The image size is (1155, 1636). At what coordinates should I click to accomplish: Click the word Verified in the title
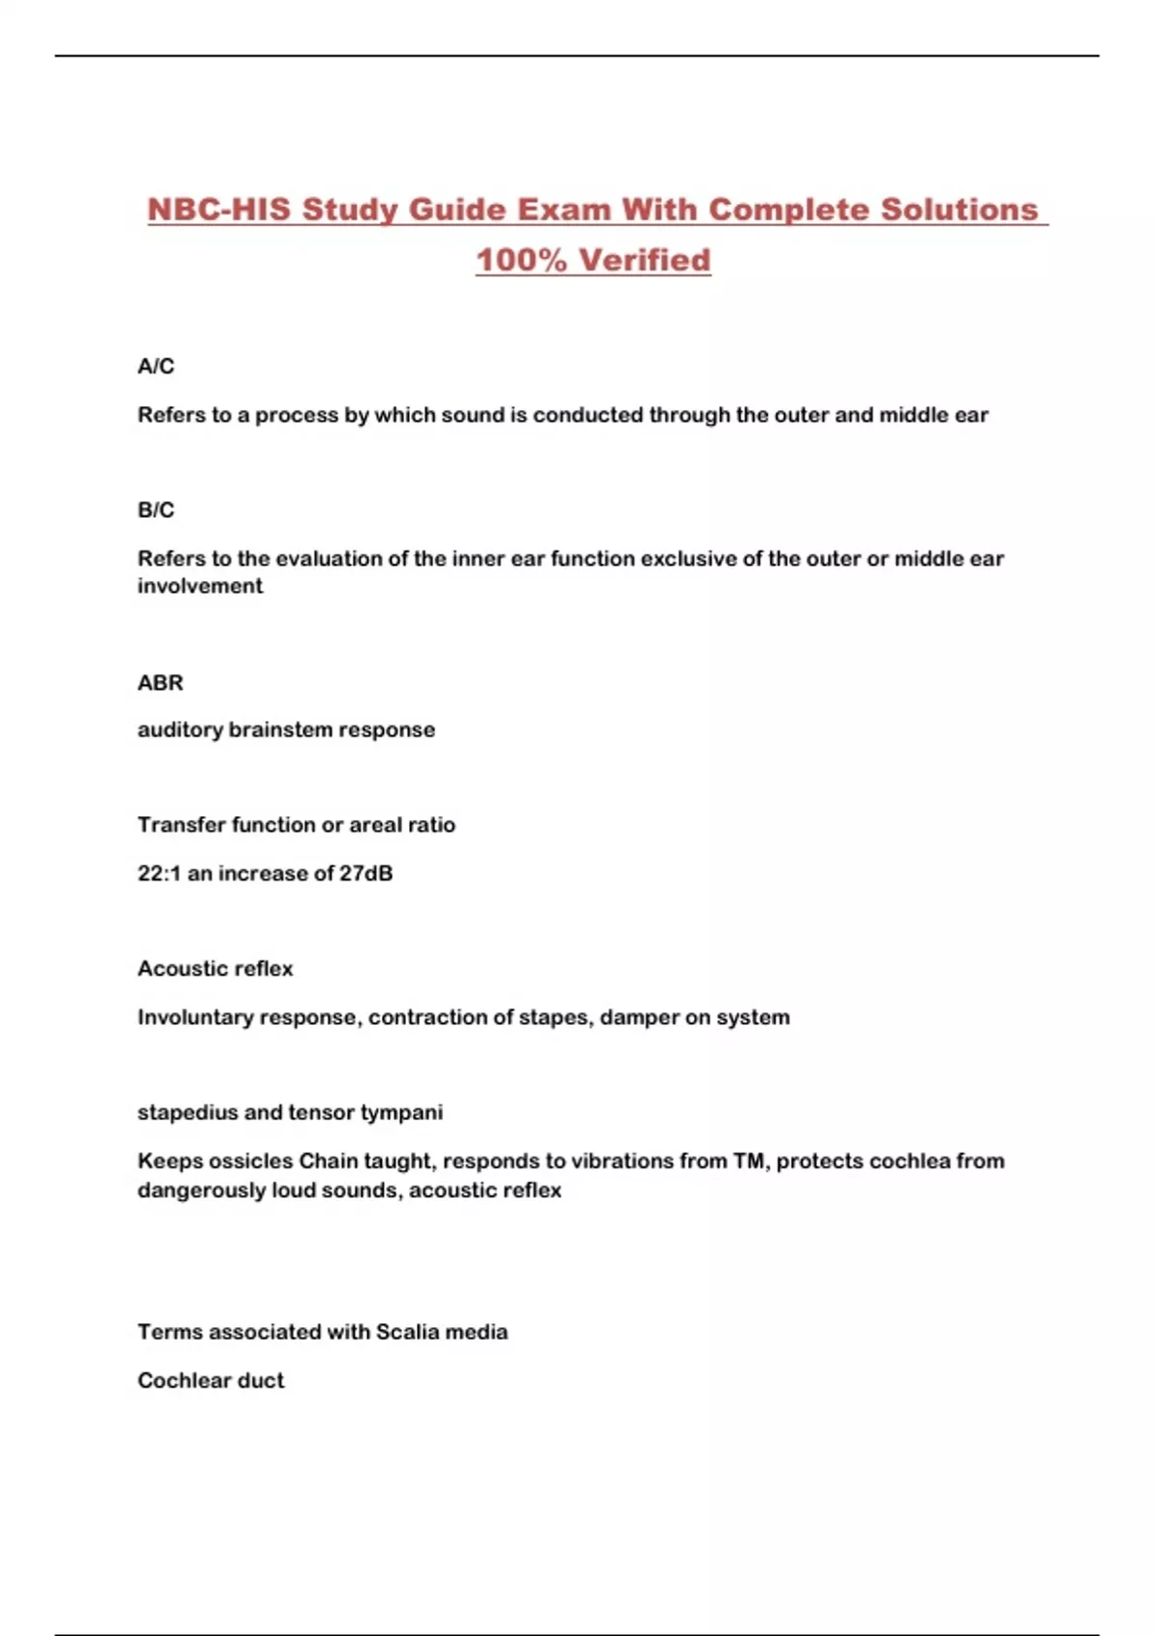645,260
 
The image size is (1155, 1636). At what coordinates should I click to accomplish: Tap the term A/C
156,367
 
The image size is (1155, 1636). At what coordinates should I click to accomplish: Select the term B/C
156,510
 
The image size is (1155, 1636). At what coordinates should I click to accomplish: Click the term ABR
160,683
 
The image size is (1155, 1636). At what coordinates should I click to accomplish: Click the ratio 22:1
159,874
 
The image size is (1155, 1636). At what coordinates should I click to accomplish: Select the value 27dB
366,874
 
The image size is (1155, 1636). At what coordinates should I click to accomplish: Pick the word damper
638,1017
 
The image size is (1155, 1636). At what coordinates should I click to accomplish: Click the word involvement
200,586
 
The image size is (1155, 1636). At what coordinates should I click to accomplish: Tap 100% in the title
521,260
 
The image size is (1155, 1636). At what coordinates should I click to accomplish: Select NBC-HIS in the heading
218,210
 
